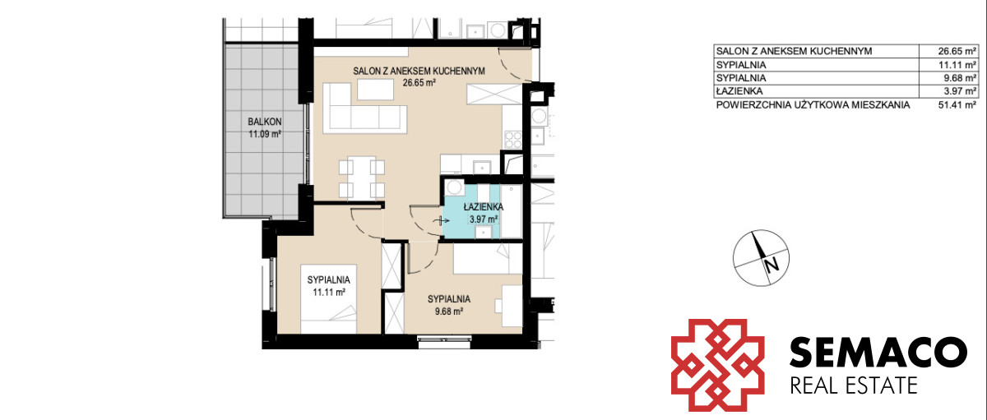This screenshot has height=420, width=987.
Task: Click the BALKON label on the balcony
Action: tap(264, 122)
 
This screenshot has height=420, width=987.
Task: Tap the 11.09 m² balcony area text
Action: tap(265, 134)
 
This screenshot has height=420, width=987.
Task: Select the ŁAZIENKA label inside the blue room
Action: tap(484, 207)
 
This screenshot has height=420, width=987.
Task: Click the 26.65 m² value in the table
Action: tap(957, 51)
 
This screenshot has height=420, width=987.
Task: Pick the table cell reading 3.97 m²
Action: tap(959, 91)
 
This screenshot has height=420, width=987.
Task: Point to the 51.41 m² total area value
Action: tap(957, 104)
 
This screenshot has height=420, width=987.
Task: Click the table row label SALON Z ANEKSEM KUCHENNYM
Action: tap(794, 51)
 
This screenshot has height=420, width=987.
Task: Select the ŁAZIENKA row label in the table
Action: tap(739, 91)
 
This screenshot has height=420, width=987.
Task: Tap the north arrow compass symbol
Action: tap(761, 257)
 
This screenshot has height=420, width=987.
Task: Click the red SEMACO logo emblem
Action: tap(717, 365)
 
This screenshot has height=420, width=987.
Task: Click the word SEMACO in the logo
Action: tap(878, 352)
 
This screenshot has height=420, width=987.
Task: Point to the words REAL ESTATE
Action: tap(854, 385)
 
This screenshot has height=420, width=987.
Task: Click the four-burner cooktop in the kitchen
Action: tap(513, 140)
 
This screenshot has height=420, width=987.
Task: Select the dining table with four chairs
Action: tap(362, 178)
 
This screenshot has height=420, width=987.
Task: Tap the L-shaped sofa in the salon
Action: tap(365, 108)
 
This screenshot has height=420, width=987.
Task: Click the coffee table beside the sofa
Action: tap(375, 90)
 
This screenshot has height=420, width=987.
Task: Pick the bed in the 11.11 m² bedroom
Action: tap(329, 299)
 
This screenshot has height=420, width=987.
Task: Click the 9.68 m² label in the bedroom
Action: tap(448, 312)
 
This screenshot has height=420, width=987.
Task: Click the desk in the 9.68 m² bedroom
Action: tap(512, 306)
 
